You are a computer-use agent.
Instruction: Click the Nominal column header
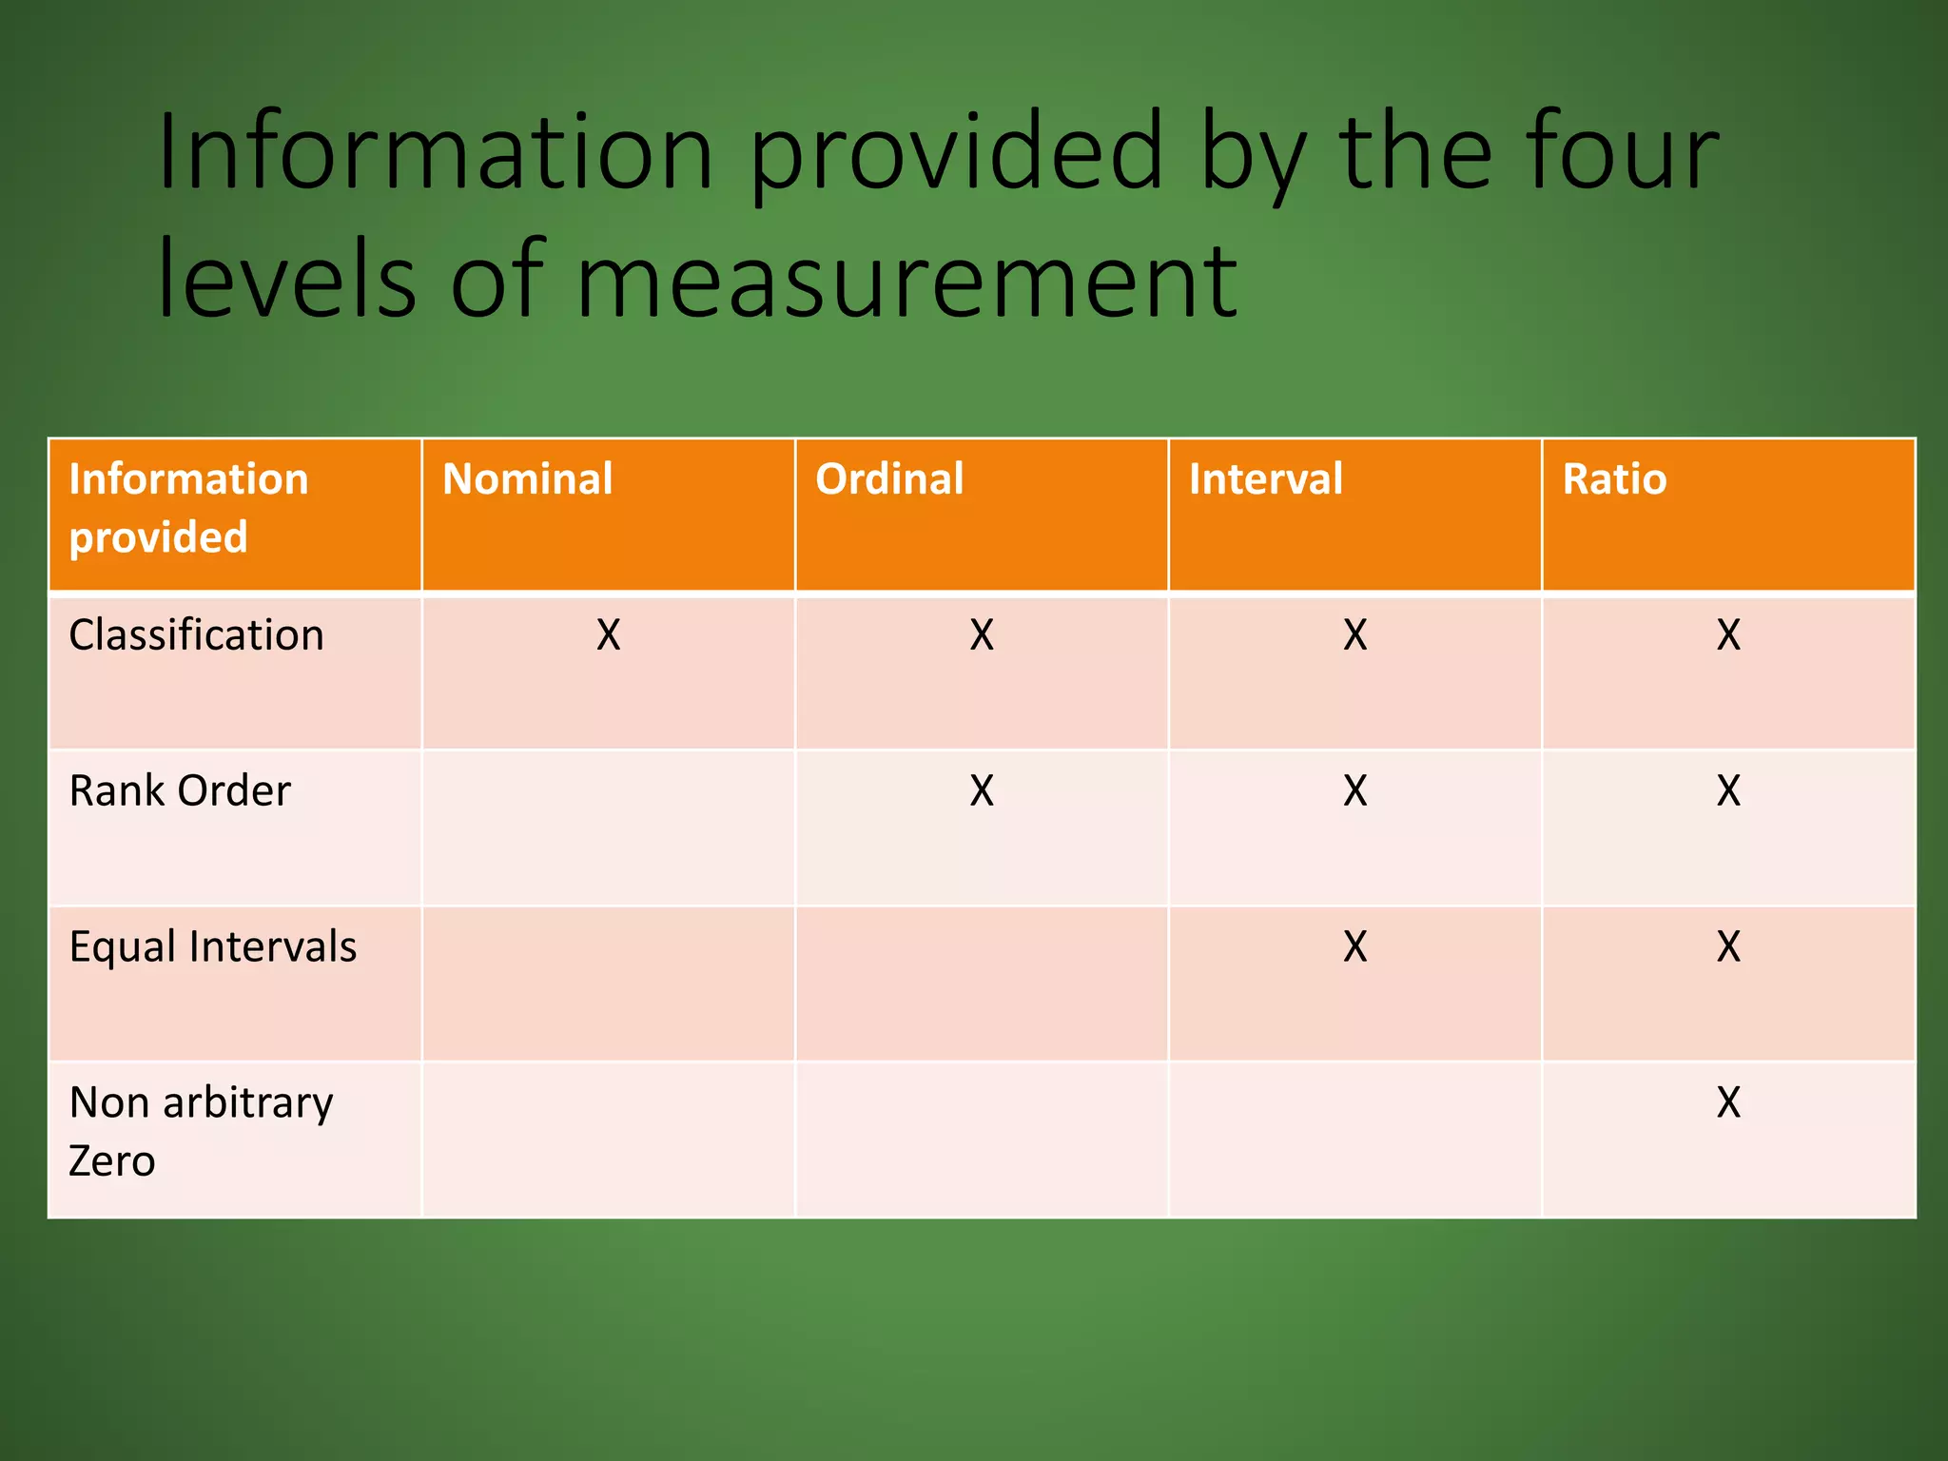coord(528,479)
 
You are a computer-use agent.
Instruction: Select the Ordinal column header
coord(889,479)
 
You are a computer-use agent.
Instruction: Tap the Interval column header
coord(1265,479)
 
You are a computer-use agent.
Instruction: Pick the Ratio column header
coord(1614,479)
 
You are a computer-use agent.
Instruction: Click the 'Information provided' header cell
coord(188,508)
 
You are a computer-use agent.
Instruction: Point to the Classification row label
coord(197,635)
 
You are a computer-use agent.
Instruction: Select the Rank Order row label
coord(180,791)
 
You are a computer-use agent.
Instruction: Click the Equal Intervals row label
coord(213,947)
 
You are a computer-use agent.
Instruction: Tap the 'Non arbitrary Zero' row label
coord(201,1132)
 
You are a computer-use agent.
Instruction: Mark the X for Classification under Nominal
coord(609,635)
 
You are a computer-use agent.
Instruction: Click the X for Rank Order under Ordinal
coord(982,791)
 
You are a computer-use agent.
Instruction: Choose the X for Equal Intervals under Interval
coord(1355,947)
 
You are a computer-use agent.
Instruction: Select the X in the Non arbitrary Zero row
coord(1728,1103)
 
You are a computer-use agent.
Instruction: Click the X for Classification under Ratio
coord(1728,635)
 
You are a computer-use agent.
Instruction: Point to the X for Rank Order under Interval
coord(1355,791)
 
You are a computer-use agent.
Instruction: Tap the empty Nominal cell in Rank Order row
coord(609,828)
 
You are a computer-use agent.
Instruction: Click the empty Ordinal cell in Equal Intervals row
coord(982,984)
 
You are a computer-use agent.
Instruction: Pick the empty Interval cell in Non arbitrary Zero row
coord(1355,1140)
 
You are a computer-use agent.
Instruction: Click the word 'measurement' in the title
coord(906,282)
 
